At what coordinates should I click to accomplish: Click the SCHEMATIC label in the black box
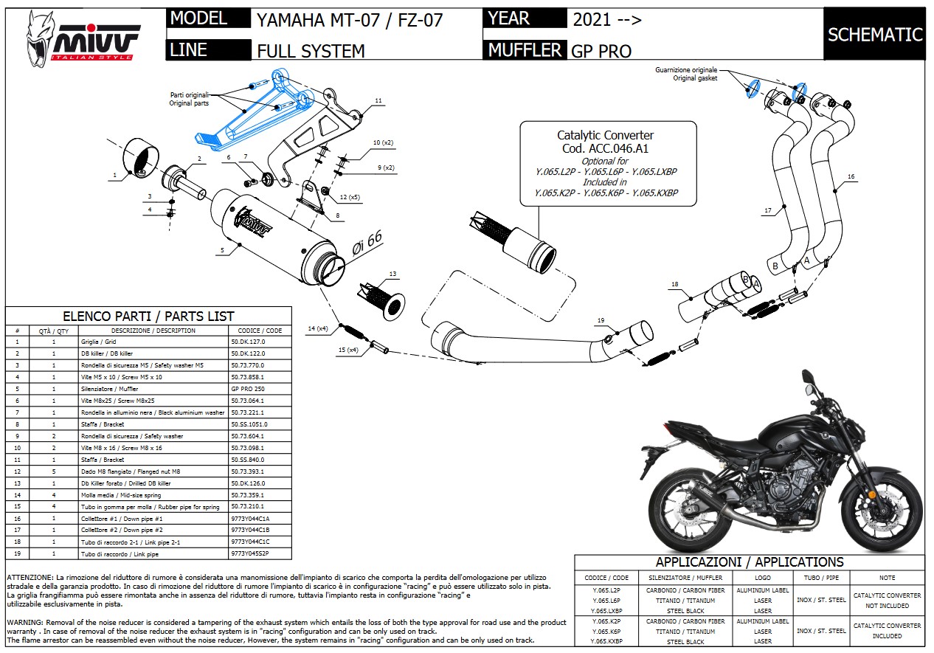pos(875,35)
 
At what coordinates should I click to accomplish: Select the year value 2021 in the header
pos(590,20)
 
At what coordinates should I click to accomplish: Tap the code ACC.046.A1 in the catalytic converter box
pos(605,148)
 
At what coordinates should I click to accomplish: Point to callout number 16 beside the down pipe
pos(851,177)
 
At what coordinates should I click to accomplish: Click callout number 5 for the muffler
pos(221,250)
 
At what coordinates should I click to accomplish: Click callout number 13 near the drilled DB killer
pos(392,274)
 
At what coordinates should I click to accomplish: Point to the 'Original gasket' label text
pos(694,78)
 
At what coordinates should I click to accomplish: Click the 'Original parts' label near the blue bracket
pos(190,103)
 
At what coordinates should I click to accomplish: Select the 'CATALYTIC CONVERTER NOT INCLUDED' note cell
pos(887,601)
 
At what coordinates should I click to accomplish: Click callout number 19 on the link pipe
pos(601,320)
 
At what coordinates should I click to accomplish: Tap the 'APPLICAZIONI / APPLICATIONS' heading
pos(750,562)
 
